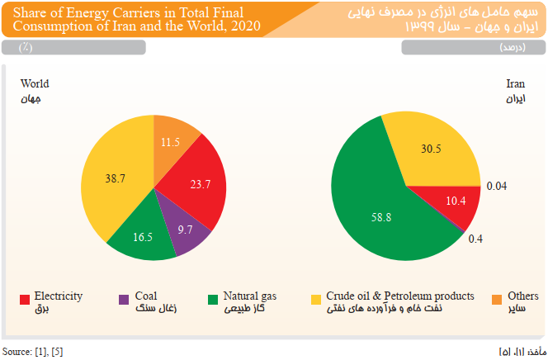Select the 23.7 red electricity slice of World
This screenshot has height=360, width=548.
(x=196, y=183)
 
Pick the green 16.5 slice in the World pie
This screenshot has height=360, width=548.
(x=144, y=236)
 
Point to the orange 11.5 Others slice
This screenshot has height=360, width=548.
(x=172, y=141)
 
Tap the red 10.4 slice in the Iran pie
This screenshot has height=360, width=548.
(x=454, y=201)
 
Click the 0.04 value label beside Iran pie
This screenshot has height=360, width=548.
(x=496, y=186)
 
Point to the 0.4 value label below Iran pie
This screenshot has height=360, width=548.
(x=475, y=239)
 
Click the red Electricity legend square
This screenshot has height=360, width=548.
(x=26, y=299)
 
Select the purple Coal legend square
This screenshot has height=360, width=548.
(x=124, y=299)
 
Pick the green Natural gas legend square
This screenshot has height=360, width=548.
(x=213, y=299)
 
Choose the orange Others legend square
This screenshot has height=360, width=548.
(x=496, y=299)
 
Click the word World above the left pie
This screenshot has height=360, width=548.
(x=35, y=84)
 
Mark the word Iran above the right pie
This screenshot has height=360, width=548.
(x=515, y=84)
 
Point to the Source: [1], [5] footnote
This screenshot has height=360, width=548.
(x=32, y=352)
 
